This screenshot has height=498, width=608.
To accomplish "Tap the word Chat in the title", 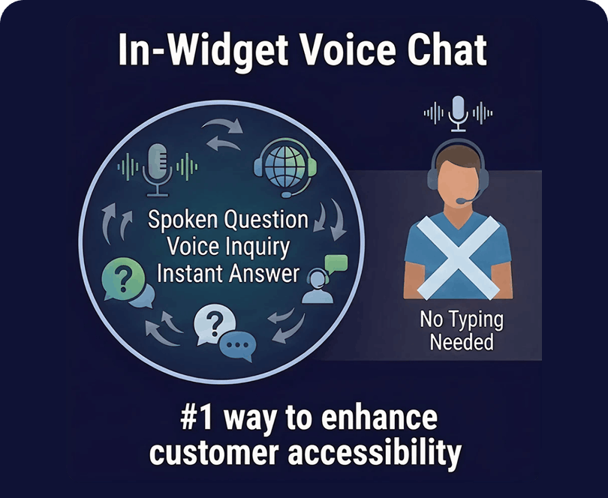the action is coord(447,49).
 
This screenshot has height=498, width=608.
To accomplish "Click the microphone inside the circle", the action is coord(157,169).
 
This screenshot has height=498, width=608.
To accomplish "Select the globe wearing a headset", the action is coord(285,169).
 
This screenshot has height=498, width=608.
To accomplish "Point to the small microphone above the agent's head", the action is coord(459,113).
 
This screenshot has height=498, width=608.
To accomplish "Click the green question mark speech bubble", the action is coord(123,279).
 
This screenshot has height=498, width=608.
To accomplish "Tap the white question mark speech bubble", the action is coord(215,324).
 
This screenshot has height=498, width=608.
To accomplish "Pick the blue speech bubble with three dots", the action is coord(238,346).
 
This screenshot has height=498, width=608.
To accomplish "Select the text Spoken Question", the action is coord(228,220).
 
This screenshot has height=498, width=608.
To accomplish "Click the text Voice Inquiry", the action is coord(228,247).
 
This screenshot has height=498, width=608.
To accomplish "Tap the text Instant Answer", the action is coord(228,273).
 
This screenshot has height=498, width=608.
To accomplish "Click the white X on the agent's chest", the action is coord(458,258).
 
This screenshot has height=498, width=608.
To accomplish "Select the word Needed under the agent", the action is coord(462,343).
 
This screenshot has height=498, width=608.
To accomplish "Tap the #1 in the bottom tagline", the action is coord(196,418).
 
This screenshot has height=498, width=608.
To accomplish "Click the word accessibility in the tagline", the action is coord(375,453).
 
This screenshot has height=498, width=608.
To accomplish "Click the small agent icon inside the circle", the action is coord(318,286).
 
